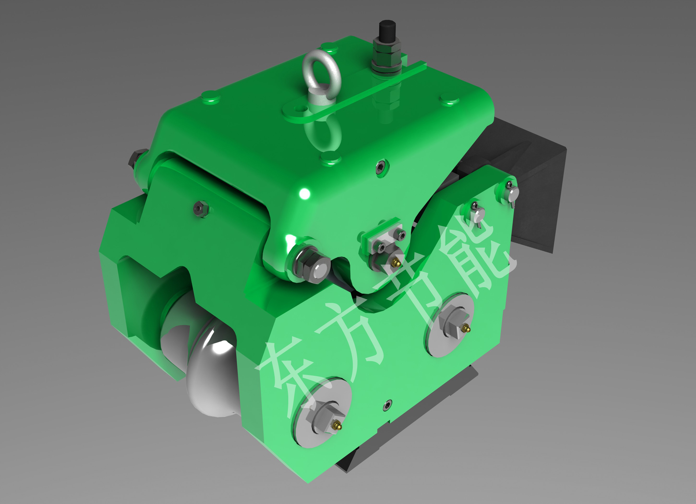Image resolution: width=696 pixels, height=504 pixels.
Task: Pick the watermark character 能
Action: coord(476,253)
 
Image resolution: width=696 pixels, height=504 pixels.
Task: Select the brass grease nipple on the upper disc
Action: coord(466,328)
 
